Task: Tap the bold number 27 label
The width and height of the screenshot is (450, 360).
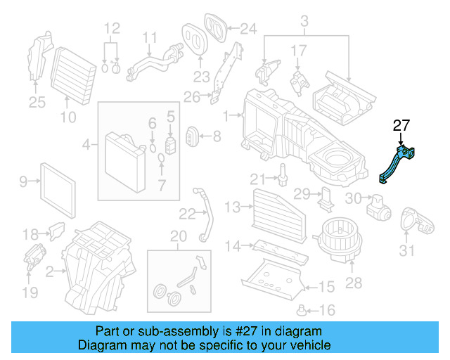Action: (x=401, y=127)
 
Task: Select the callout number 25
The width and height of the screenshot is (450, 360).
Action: (x=37, y=103)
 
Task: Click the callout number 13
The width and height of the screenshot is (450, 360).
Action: (x=233, y=206)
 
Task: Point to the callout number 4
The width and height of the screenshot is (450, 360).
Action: (x=86, y=146)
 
